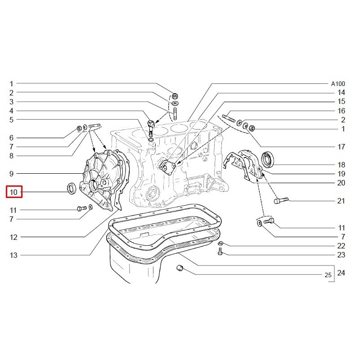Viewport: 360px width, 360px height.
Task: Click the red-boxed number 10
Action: pyautogui.click(x=14, y=192)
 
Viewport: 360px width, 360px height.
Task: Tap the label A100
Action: pyautogui.click(x=338, y=84)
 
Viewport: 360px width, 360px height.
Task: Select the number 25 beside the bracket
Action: pyautogui.click(x=328, y=275)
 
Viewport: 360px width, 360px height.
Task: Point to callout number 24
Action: pyautogui.click(x=341, y=273)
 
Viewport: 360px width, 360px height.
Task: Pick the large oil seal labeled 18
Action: pyautogui.click(x=267, y=159)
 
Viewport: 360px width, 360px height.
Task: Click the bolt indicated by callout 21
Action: pyautogui.click(x=281, y=200)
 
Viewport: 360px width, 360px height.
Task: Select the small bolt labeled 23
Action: pyautogui.click(x=220, y=251)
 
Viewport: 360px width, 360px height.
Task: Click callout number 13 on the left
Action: pyautogui.click(x=13, y=255)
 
